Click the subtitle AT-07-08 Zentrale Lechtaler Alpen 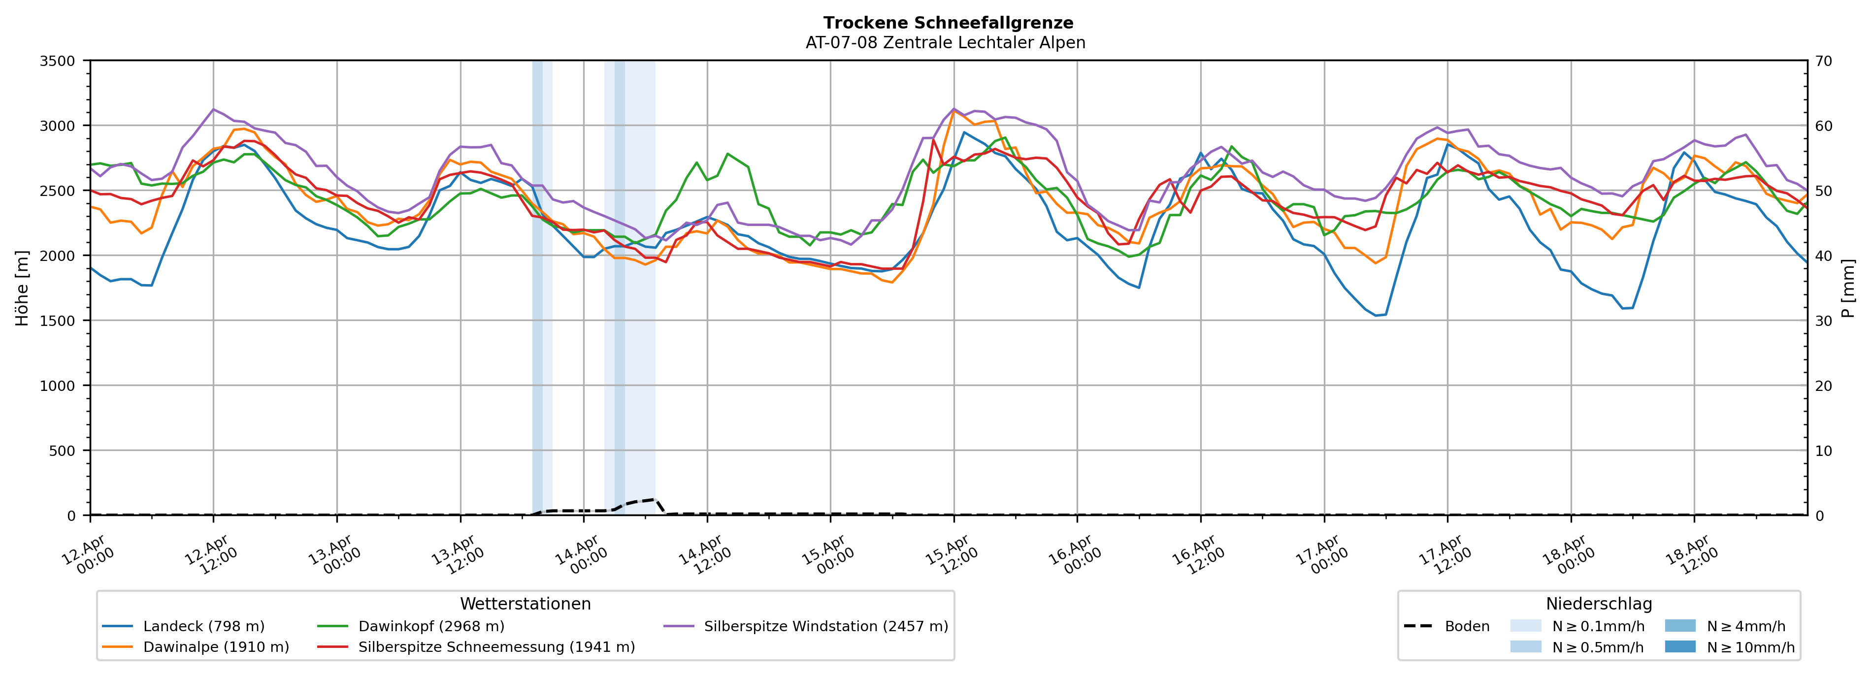pos(946,43)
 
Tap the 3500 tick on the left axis pos(58,61)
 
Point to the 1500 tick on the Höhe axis pos(58,321)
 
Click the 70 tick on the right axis pos(1824,61)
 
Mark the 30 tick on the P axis pos(1824,321)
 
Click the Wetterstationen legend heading pos(525,604)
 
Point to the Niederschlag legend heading pos(1599,604)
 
